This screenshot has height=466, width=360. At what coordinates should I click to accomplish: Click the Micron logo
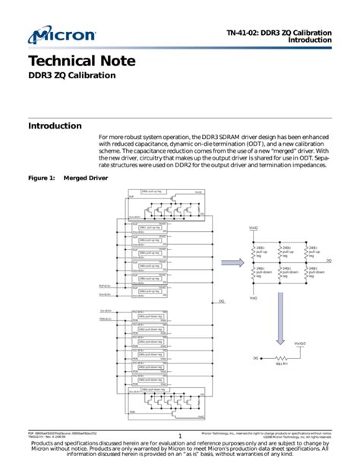(x=62, y=35)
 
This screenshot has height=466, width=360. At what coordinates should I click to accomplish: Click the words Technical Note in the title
(x=71, y=62)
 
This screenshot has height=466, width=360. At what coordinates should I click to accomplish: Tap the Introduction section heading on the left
(x=55, y=125)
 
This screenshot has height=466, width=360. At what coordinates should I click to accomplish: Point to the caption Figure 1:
(x=42, y=178)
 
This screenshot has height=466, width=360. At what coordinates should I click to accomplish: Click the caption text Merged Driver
(x=86, y=178)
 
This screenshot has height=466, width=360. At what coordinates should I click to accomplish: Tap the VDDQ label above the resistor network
(x=254, y=227)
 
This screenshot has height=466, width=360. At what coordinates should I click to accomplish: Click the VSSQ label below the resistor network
(x=254, y=299)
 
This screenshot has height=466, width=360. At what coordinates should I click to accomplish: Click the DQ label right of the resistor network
(x=328, y=261)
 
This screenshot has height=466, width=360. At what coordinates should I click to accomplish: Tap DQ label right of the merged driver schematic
(x=222, y=302)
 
